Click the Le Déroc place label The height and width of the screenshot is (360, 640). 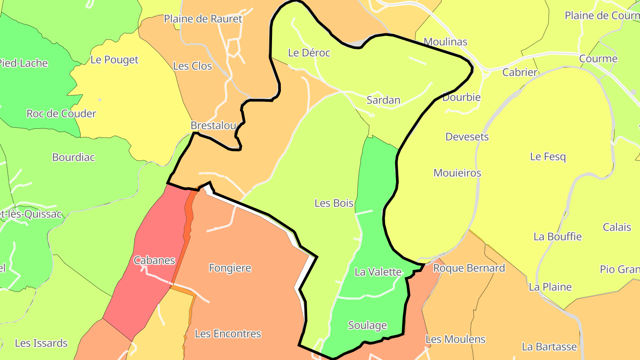309,53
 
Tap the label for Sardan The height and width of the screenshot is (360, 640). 383,100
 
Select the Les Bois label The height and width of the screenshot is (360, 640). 334,203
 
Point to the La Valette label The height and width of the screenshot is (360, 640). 378,272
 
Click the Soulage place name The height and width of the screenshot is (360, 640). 368,325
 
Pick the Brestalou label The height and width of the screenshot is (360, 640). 213,125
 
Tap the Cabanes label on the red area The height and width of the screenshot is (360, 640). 154,260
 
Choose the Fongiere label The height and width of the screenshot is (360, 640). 230,268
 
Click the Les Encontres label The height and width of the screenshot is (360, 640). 228,333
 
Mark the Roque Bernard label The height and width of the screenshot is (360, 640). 469,268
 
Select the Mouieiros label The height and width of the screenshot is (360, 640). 457,173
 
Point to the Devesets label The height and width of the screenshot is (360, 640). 467,136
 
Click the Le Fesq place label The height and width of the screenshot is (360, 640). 548,156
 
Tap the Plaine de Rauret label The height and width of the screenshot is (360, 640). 203,19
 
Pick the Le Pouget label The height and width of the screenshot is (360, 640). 115,60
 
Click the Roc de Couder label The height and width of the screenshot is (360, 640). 61,113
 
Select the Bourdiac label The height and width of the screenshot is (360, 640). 73,157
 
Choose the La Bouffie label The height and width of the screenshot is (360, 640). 557,236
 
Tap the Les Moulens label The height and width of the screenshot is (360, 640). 456,339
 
